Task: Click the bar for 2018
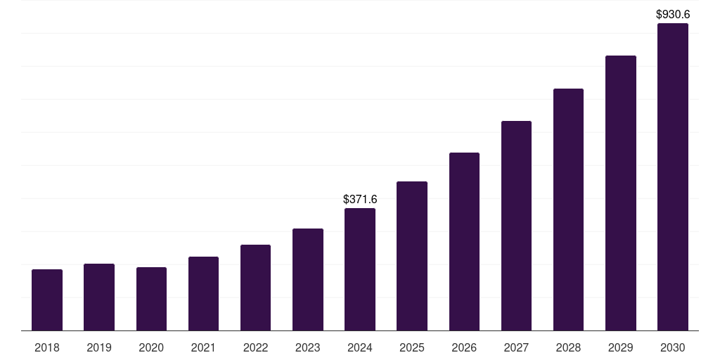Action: [47, 300]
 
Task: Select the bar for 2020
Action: [151, 299]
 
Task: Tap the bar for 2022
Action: [255, 288]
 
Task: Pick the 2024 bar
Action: [360, 269]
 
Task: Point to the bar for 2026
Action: [464, 242]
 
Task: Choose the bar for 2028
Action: [568, 210]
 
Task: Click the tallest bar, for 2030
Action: [673, 177]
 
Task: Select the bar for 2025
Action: [412, 256]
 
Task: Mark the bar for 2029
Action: [621, 193]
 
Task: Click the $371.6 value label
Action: [360, 200]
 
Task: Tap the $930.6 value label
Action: [673, 14]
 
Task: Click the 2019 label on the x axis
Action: [99, 347]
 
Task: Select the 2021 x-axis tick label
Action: [203, 347]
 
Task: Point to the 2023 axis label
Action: [308, 347]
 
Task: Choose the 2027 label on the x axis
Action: [516, 347]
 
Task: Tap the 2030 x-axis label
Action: [673, 347]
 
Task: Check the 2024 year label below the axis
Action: [360, 347]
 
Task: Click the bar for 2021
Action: [203, 294]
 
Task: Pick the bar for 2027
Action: [516, 226]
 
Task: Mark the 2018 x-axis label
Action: [47, 347]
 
